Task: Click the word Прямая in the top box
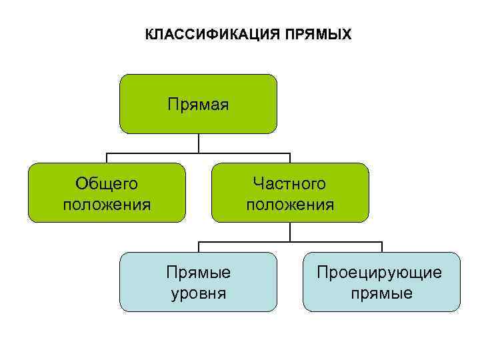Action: coord(198,105)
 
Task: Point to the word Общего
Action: coord(107,183)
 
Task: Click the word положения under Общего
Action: coord(107,203)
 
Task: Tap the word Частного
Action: coord(290,183)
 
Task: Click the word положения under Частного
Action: coord(290,203)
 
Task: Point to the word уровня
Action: coord(198,293)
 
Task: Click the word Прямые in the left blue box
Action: coord(198,272)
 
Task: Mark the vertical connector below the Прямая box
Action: coord(198,143)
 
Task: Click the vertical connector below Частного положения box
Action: coord(290,231)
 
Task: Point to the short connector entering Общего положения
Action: coord(107,157)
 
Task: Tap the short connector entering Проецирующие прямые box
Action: coord(381,247)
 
